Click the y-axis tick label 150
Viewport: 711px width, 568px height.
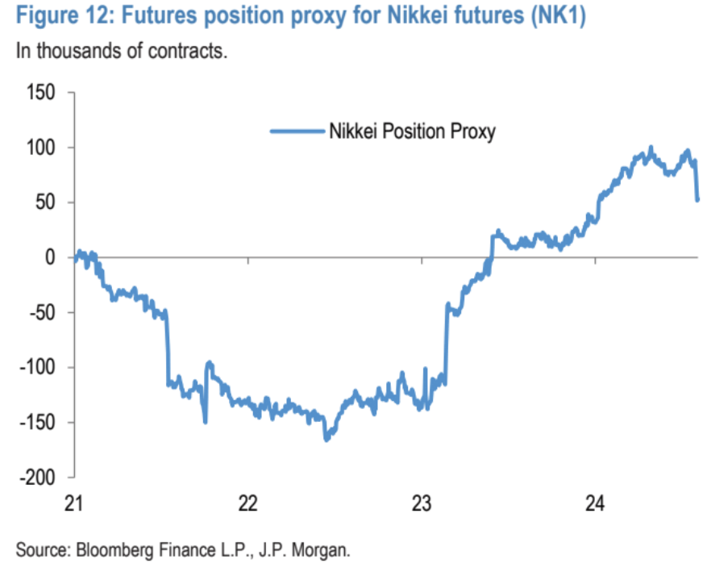(x=40, y=93)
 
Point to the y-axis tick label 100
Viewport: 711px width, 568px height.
(x=40, y=148)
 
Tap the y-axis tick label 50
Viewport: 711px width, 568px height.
(x=45, y=203)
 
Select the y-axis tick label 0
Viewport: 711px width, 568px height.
(x=50, y=257)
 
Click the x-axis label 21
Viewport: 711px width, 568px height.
(x=74, y=503)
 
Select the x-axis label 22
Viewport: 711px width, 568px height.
(x=247, y=503)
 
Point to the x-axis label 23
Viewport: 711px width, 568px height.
(x=422, y=503)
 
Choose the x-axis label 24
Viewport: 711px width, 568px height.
(x=595, y=503)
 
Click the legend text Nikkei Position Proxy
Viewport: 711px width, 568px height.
(x=412, y=131)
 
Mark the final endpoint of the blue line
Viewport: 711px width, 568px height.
(x=697, y=199)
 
